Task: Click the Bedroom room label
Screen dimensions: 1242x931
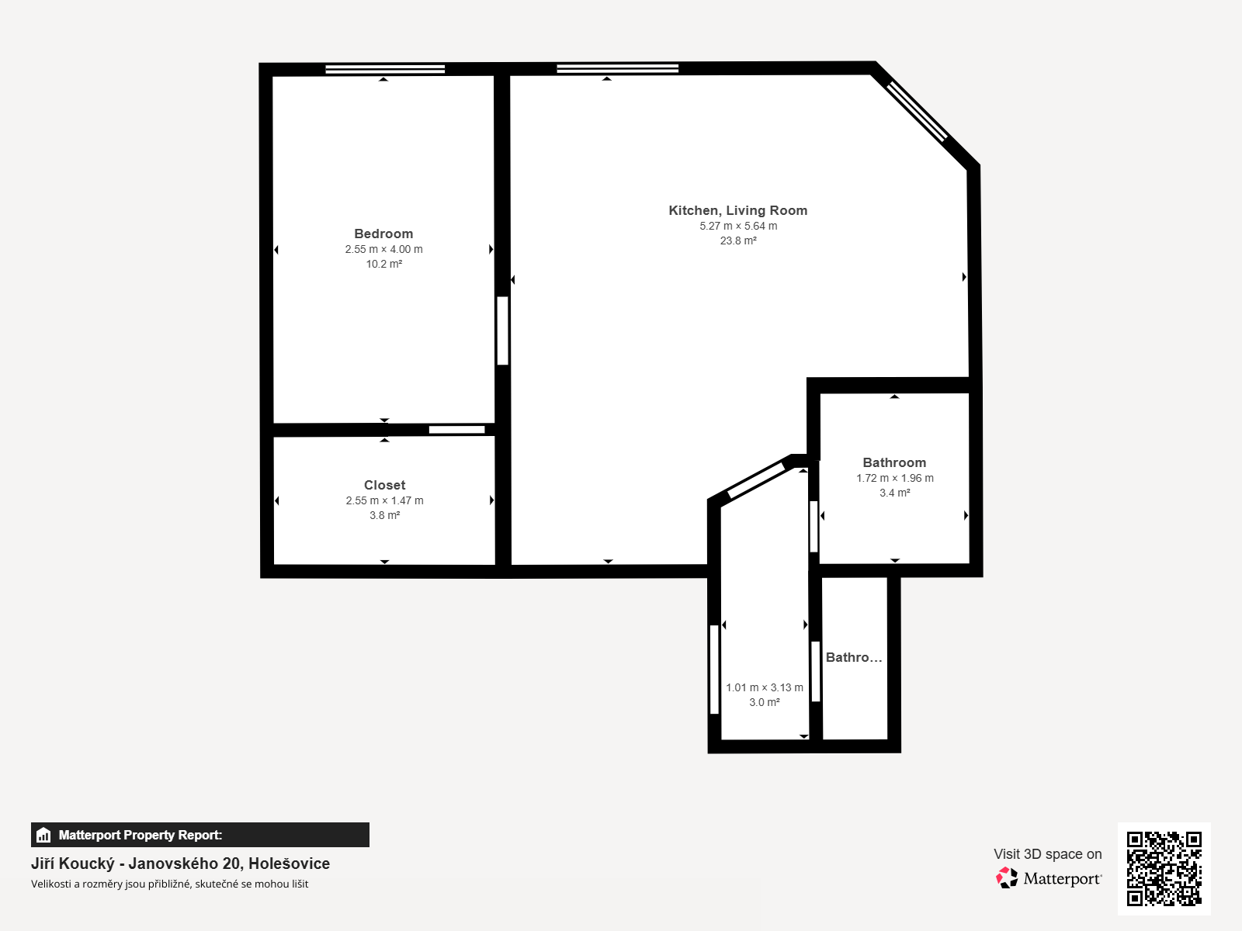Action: [383, 234]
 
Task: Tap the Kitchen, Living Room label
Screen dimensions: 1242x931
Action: [738, 210]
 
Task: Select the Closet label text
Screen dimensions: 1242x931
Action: [384, 485]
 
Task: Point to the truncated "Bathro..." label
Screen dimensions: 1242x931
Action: [854, 657]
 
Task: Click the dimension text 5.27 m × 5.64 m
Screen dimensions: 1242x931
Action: [738, 226]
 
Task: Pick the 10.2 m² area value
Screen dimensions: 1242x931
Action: [383, 264]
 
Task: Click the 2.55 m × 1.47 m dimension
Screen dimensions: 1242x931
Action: [384, 500]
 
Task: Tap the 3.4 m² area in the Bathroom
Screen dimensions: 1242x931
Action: [894, 493]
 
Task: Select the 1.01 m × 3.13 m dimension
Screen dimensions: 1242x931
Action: [765, 687]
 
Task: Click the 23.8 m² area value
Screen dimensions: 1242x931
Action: [738, 241]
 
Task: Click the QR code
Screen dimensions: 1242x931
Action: [1164, 868]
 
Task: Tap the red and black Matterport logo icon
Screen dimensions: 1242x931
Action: [1007, 878]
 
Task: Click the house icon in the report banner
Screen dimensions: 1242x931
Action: [43, 835]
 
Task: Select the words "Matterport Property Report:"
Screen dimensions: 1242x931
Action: [141, 835]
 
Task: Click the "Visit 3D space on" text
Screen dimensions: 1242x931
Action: [1047, 854]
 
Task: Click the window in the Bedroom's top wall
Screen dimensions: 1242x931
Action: [385, 69]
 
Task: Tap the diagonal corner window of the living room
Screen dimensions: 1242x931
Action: [917, 112]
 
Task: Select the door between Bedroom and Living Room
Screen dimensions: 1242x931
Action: [502, 331]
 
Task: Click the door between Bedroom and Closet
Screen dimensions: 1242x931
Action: [456, 430]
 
